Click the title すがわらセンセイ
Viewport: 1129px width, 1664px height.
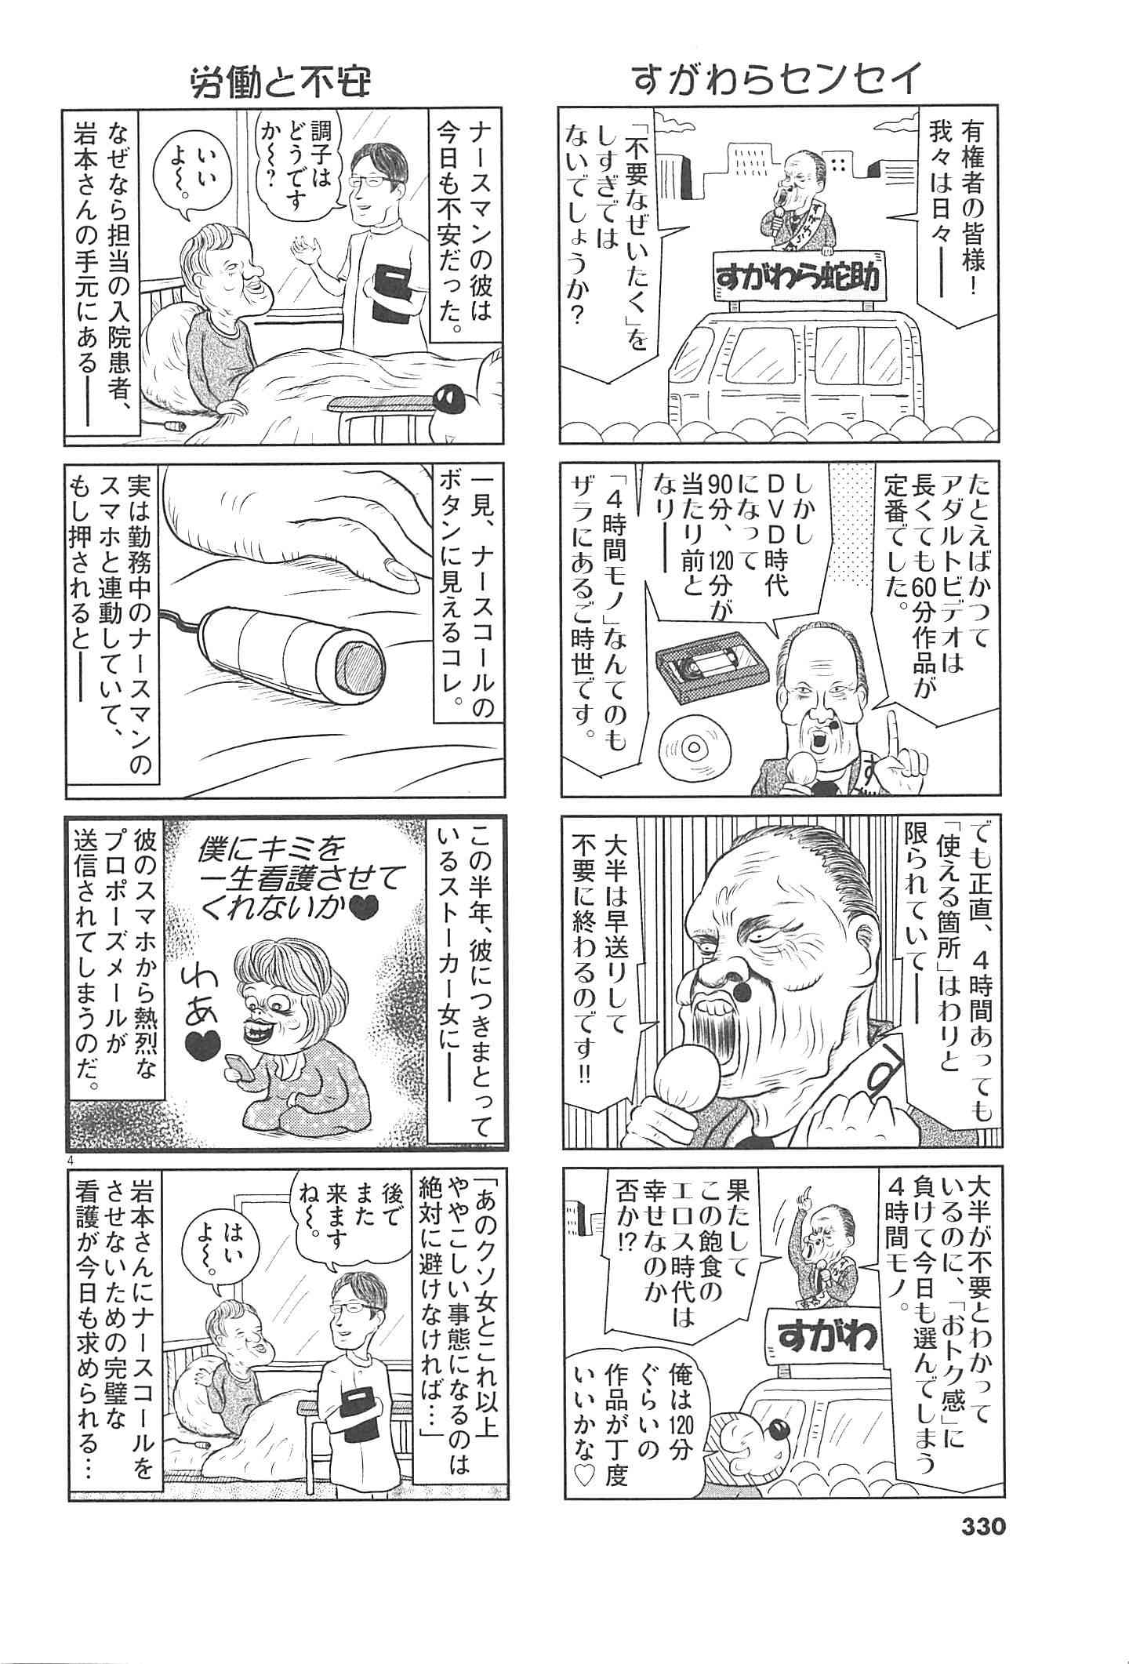[x=779, y=81]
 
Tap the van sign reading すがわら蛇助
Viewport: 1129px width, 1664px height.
[x=799, y=276]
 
